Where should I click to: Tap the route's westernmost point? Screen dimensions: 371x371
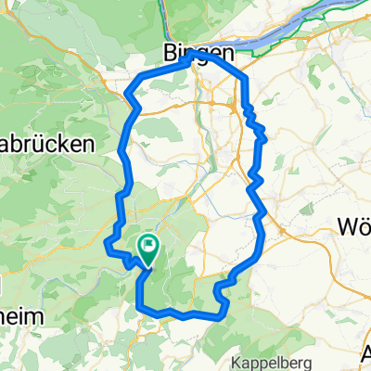click(x=106, y=243)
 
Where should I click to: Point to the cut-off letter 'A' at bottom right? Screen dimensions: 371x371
click(x=365, y=352)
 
